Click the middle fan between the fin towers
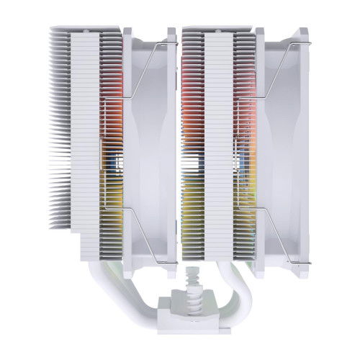point(151,144)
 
